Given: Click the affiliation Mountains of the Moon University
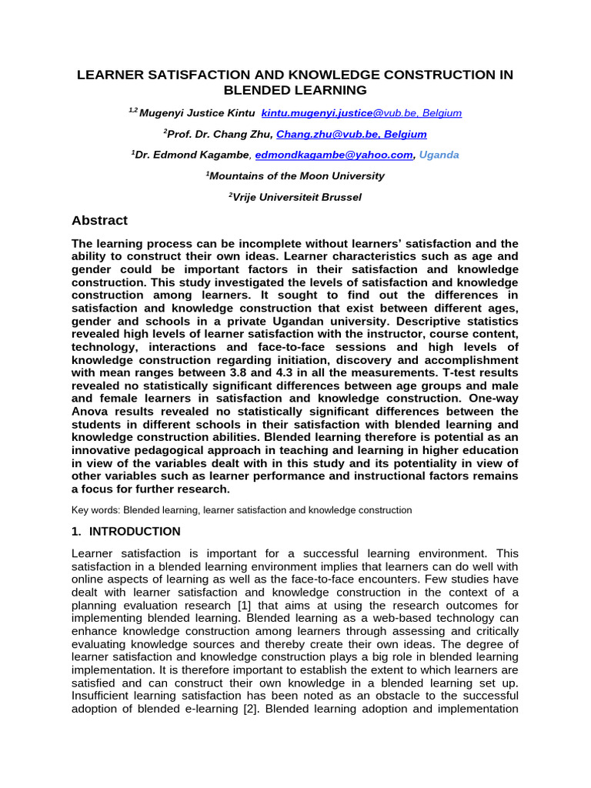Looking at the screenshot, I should click(296, 175).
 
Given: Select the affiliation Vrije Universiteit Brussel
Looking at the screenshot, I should click(297, 197).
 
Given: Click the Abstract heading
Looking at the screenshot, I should click(99, 221).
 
